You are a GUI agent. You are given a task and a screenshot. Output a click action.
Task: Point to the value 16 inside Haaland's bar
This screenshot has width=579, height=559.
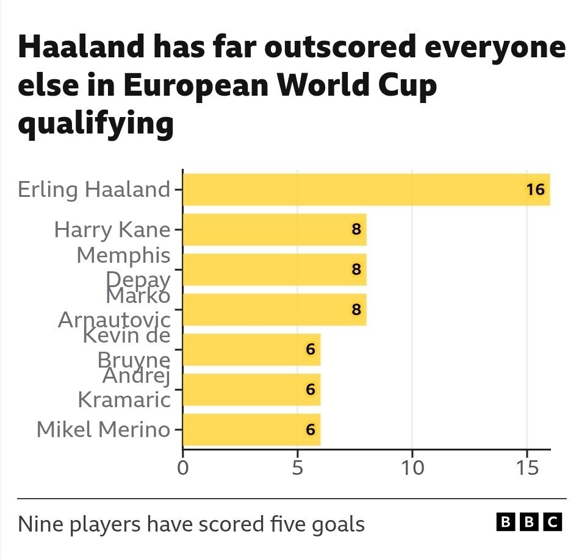click(535, 190)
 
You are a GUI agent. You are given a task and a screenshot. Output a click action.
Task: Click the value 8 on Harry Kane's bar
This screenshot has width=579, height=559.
click(356, 230)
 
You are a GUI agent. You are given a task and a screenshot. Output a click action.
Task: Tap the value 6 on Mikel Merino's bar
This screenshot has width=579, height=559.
click(311, 430)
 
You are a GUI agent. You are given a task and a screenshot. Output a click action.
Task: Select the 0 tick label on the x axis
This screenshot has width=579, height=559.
click(182, 469)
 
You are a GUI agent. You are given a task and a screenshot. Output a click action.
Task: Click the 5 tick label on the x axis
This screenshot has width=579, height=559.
click(297, 469)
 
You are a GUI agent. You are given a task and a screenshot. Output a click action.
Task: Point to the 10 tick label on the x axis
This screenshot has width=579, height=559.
click(412, 469)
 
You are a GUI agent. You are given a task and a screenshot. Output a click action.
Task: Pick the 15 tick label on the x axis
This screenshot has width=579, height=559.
click(527, 469)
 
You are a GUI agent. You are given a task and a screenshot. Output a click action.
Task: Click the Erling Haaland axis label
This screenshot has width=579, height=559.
click(93, 190)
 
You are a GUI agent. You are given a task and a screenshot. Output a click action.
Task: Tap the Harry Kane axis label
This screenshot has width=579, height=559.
click(112, 230)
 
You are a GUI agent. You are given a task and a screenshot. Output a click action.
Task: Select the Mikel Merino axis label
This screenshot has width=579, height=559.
click(102, 430)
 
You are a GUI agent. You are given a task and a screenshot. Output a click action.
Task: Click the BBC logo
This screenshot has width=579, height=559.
click(529, 522)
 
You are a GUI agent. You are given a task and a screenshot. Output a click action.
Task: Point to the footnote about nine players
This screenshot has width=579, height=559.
click(191, 524)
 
